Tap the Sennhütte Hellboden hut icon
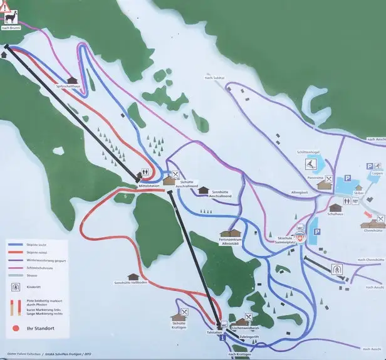(x=133, y=277)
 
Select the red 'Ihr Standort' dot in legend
(x=16, y=327)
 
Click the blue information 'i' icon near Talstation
(x=222, y=337)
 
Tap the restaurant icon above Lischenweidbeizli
(x=249, y=316)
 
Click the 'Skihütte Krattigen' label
(x=179, y=327)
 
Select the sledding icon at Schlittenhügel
(x=311, y=165)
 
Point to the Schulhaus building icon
(x=335, y=207)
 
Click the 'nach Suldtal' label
(x=214, y=77)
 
